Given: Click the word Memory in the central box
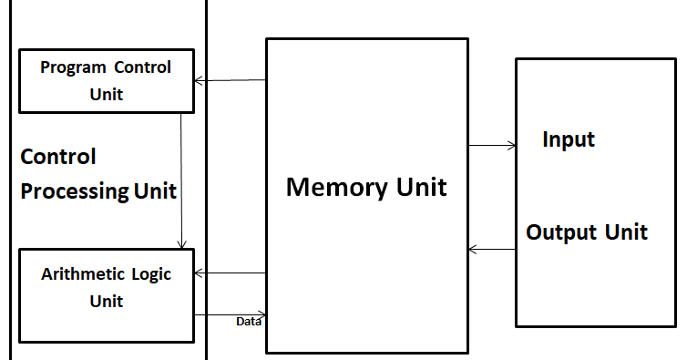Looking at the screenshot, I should pyautogui.click(x=332, y=188).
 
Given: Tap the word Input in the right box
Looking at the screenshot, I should pyautogui.click(x=569, y=139).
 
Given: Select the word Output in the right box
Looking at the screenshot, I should pyautogui.click(x=559, y=231).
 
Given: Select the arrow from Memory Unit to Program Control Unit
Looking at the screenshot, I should pyautogui.click(x=230, y=81).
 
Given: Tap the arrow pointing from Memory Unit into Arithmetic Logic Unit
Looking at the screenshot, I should pyautogui.click(x=230, y=273).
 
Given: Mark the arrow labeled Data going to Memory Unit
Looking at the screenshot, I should pyautogui.click(x=230, y=314).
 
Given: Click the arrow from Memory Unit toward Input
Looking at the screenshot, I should pyautogui.click(x=492, y=145).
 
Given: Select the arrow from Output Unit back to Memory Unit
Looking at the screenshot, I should pyautogui.click(x=492, y=249).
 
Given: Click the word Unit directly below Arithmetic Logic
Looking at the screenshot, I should pyautogui.click(x=106, y=301).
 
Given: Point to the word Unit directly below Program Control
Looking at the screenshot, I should pyautogui.click(x=106, y=94).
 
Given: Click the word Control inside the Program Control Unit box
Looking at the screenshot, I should pyautogui.click(x=143, y=67).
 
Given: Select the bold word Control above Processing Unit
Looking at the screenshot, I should pyautogui.click(x=58, y=157).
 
